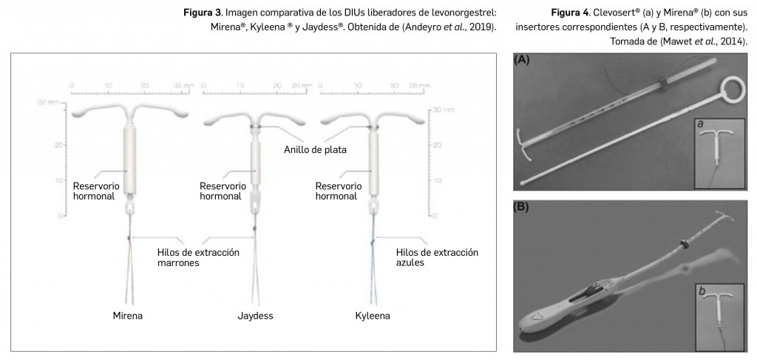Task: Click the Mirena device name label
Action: (127, 316)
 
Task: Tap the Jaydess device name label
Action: (255, 316)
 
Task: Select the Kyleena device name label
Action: (372, 316)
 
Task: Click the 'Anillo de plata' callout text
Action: (315, 149)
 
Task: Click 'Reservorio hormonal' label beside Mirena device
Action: (93, 191)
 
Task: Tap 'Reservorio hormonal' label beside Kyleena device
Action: (338, 191)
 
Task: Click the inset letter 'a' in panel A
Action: (699, 126)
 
